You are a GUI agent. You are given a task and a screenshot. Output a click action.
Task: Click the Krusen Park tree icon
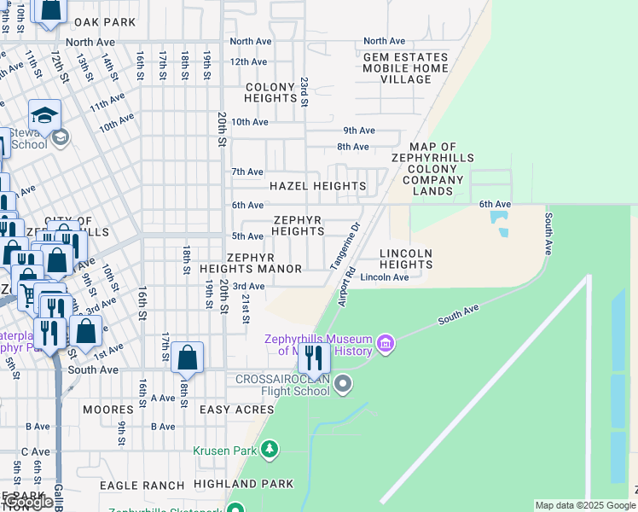click(270, 450)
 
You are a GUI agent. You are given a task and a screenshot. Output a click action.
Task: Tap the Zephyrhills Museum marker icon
click(386, 344)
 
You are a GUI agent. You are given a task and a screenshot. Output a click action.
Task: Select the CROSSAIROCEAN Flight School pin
click(343, 385)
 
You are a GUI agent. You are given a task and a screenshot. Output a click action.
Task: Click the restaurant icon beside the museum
click(314, 358)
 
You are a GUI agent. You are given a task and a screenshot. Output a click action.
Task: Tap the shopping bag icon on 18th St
click(187, 358)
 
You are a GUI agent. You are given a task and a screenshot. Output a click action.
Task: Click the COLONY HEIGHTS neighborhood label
click(270, 92)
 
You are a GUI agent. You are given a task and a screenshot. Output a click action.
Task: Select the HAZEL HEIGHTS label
click(317, 186)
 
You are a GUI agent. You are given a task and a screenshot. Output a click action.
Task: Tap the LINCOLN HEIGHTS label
click(406, 259)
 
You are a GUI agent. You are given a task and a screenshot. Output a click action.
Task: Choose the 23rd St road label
click(304, 91)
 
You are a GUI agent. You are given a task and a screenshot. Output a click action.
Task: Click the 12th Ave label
click(248, 61)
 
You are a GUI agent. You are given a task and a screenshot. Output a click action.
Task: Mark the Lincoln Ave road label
click(384, 277)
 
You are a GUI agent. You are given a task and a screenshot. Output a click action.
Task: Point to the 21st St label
click(245, 309)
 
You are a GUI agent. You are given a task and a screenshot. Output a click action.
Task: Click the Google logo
click(27, 503)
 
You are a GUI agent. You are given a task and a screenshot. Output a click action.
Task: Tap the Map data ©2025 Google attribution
click(583, 505)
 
